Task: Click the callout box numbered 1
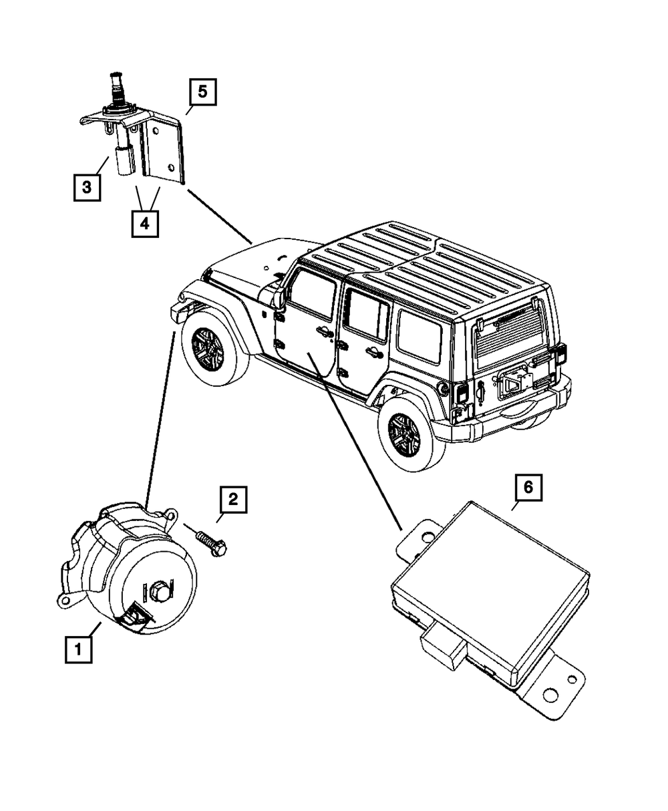(x=78, y=649)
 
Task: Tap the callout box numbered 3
(x=87, y=187)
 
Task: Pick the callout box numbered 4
(x=144, y=223)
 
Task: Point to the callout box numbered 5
(x=202, y=93)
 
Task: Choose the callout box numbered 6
(x=528, y=488)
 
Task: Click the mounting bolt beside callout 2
(x=209, y=542)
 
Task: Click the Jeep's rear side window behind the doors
(x=418, y=336)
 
